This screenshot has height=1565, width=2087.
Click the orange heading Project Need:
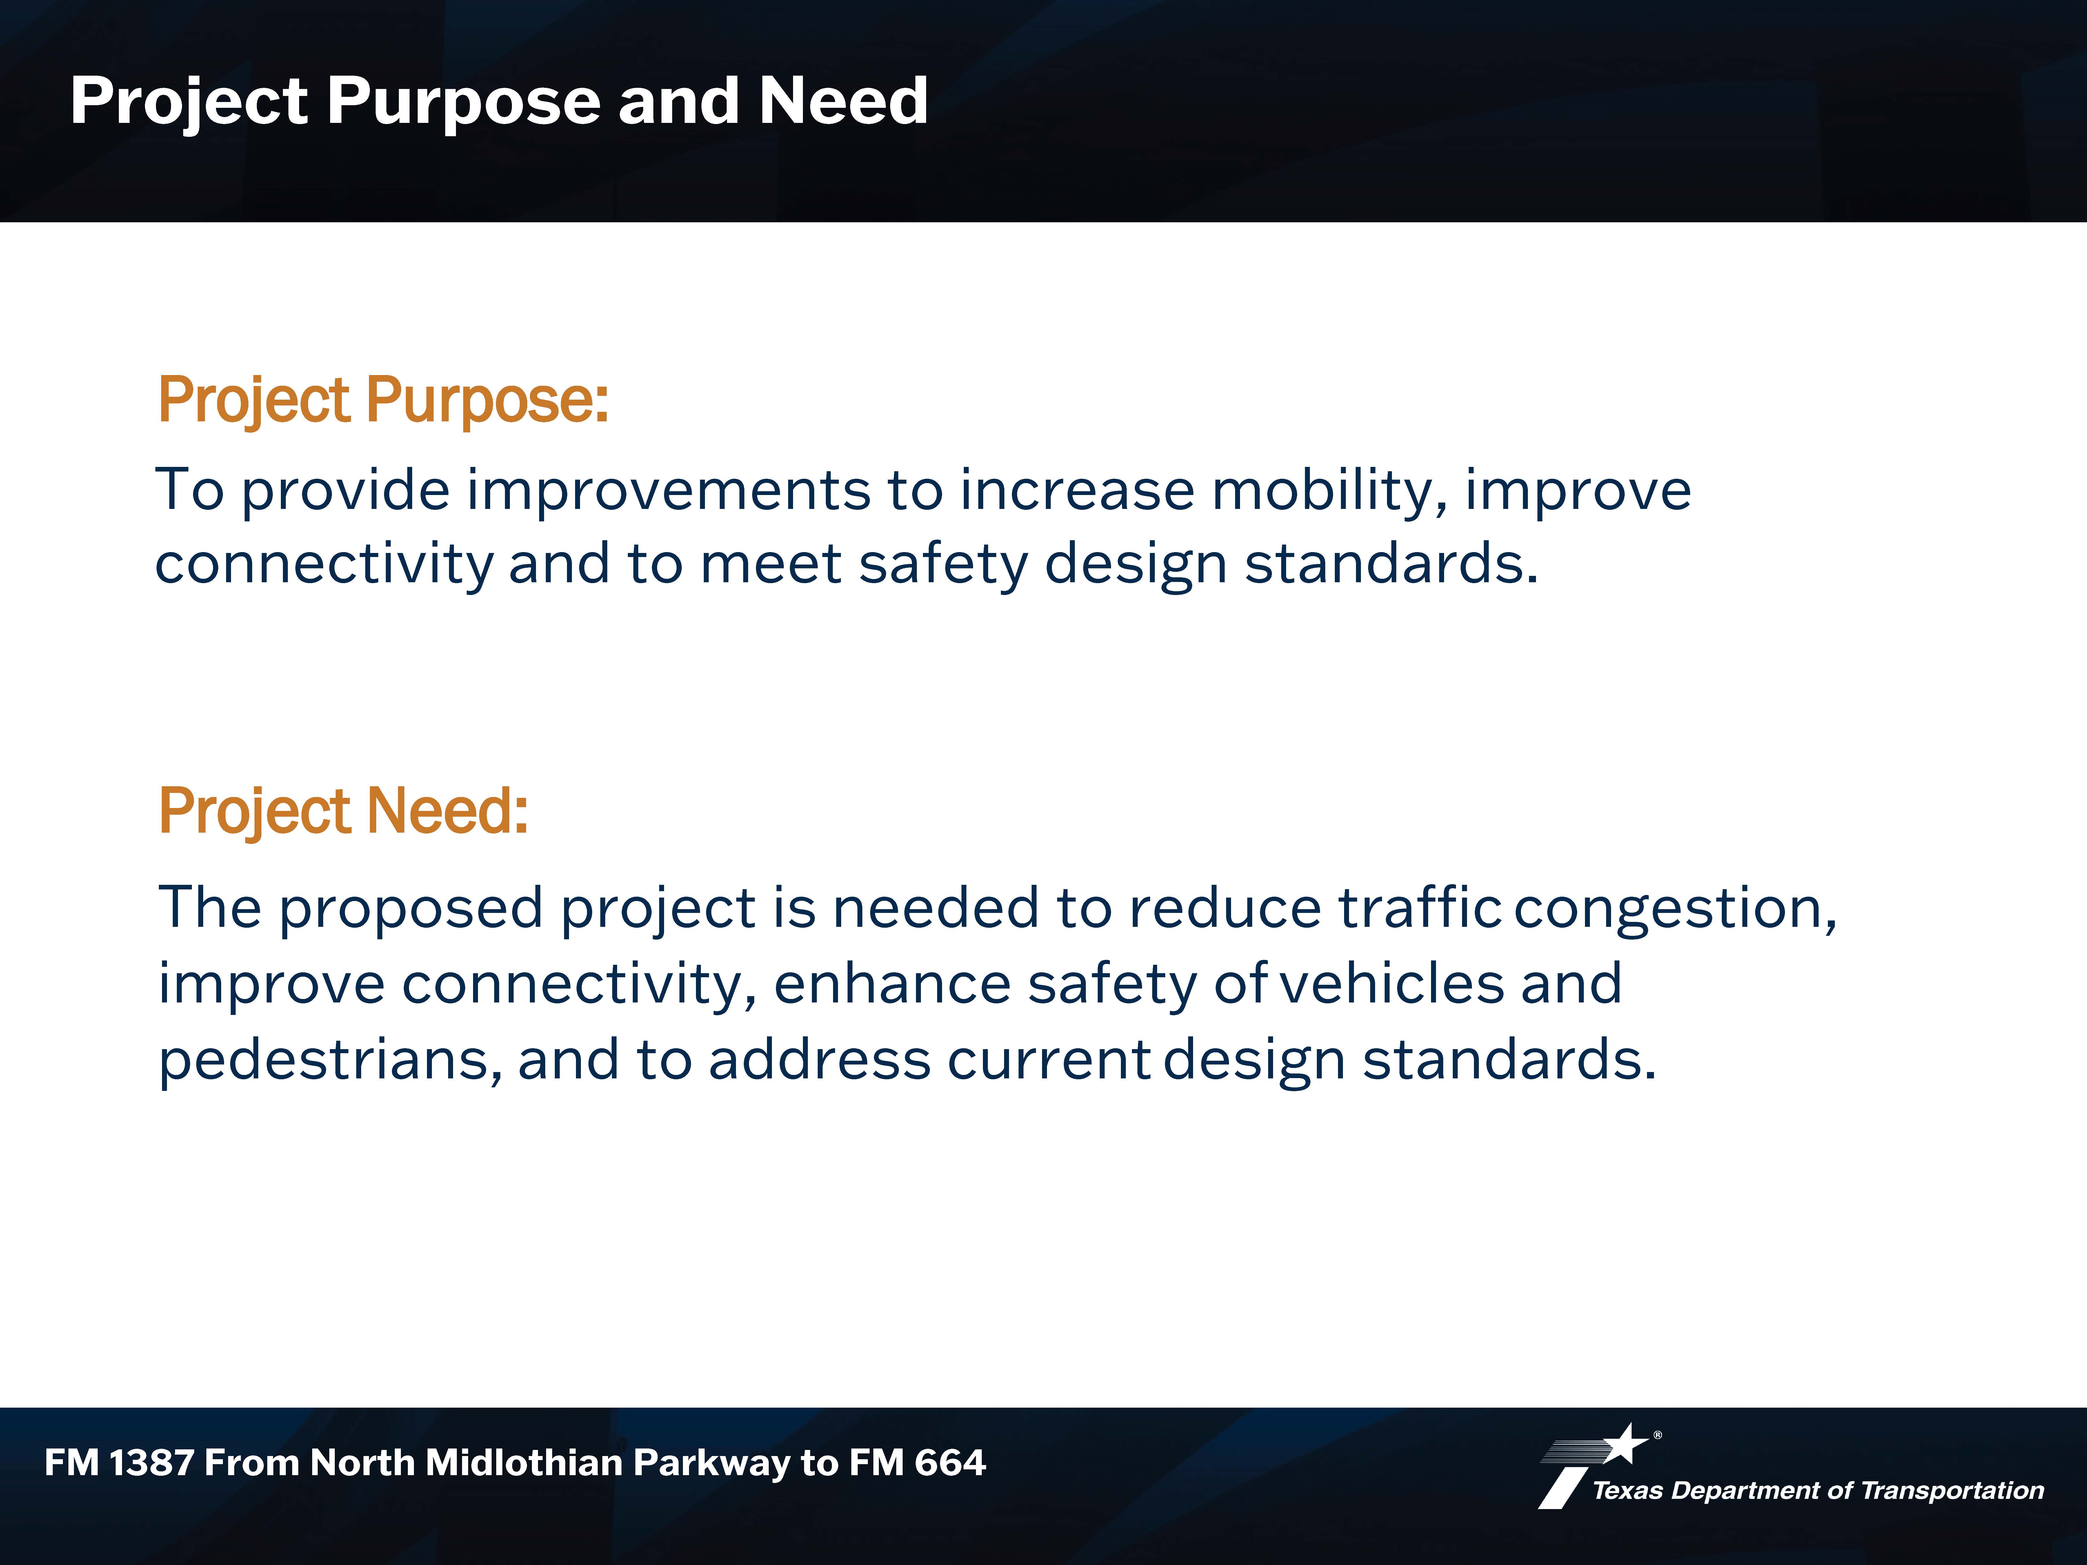tap(343, 811)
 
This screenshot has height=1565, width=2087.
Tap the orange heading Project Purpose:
tap(383, 400)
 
